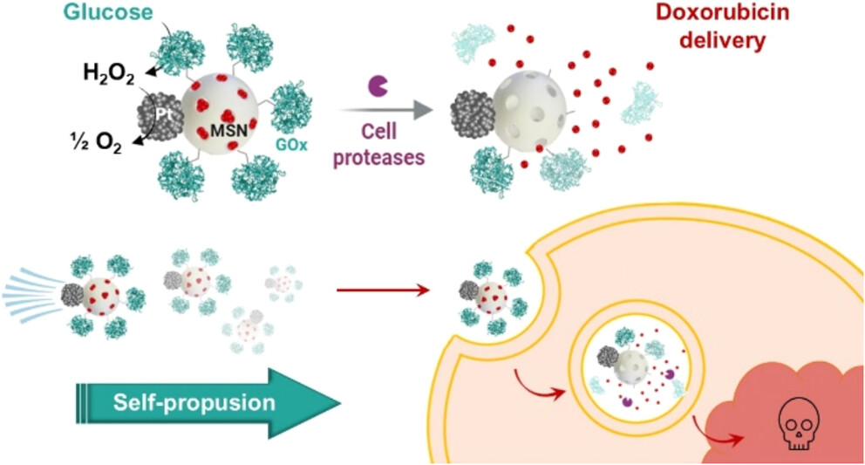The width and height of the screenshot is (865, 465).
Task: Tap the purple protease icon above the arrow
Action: pyautogui.click(x=380, y=85)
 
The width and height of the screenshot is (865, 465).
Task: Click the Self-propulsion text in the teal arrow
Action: pyautogui.click(x=194, y=402)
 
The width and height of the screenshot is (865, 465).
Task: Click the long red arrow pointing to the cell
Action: pyautogui.click(x=383, y=289)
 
